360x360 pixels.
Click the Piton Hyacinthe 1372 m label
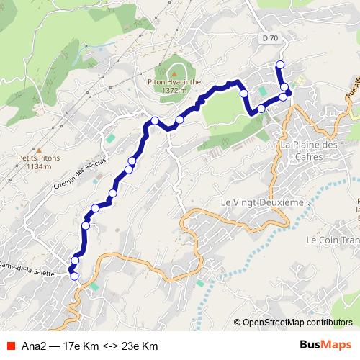[x=175, y=86]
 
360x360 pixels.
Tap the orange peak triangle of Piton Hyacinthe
[x=174, y=73]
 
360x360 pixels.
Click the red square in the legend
[x=11, y=346]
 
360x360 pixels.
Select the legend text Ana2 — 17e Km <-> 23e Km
[x=90, y=346]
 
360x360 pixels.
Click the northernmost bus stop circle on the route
[x=280, y=66]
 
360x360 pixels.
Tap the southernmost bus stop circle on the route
[x=73, y=276]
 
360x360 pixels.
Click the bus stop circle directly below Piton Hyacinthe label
[x=179, y=119]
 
